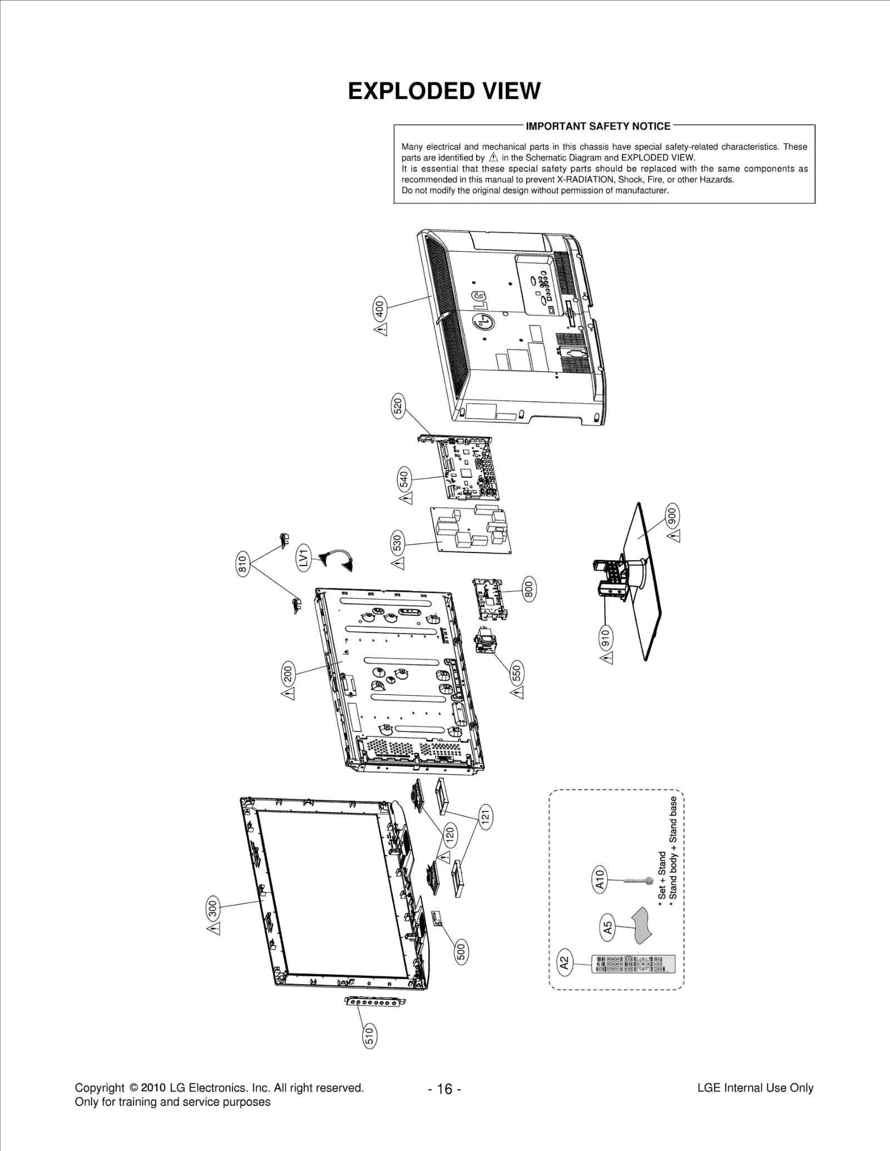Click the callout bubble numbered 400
pyautogui.click(x=379, y=308)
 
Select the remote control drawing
pyautogui.click(x=632, y=964)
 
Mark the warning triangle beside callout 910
pyautogui.click(x=607, y=658)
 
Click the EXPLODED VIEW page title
pyautogui.click(x=444, y=91)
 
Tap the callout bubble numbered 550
pyautogui.click(x=517, y=673)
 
